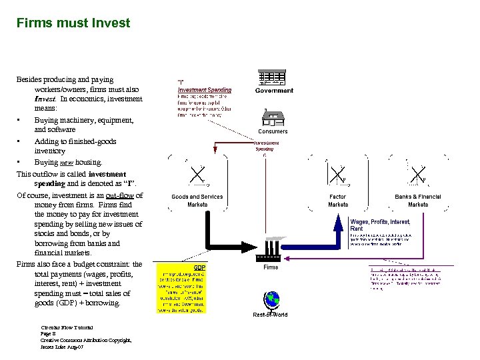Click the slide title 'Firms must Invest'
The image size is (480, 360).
pyautogui.click(x=73, y=23)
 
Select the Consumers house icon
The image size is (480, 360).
pyautogui.click(x=272, y=117)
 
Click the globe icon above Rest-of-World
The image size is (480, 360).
pyautogui.click(x=271, y=300)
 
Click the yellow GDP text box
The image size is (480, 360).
pyautogui.click(x=181, y=288)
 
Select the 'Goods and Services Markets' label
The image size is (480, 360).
pyautogui.click(x=197, y=201)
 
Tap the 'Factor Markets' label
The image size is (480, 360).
pyautogui.click(x=338, y=201)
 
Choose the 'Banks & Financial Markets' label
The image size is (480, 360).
pyautogui.click(x=418, y=201)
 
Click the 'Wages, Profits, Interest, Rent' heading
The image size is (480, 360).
pyautogui.click(x=381, y=225)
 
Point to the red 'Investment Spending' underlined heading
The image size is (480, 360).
pyautogui.click(x=205, y=90)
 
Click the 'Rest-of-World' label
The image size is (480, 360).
pyautogui.click(x=271, y=314)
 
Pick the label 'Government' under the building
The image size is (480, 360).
pyautogui.click(x=274, y=91)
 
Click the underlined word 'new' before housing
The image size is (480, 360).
pyautogui.click(x=67, y=162)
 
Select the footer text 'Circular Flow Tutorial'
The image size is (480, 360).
pyautogui.click(x=67, y=327)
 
